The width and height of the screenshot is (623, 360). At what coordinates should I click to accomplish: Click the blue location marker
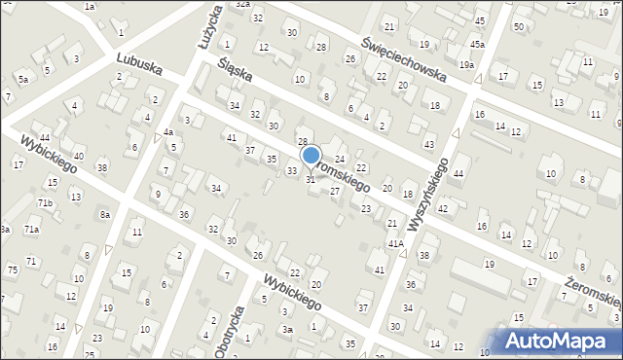(x=311, y=155)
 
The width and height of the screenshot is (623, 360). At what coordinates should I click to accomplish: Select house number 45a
(x=477, y=45)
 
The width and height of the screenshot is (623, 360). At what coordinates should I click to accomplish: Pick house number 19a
(x=467, y=64)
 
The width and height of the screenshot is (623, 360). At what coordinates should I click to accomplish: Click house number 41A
(x=394, y=244)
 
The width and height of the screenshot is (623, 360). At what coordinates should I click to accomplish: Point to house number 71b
(x=45, y=202)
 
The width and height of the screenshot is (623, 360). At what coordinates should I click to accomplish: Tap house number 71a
(x=32, y=229)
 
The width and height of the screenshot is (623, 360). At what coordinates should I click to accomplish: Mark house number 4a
(x=167, y=131)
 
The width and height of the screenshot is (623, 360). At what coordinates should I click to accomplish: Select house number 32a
(x=242, y=5)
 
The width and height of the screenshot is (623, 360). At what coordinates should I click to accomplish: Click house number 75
(x=12, y=270)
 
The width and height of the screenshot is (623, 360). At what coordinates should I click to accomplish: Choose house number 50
(x=518, y=26)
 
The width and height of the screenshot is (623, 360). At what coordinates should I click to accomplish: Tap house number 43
(x=429, y=145)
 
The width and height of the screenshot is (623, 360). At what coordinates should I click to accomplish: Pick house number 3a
(x=287, y=330)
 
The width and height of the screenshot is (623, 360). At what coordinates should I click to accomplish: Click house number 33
(x=291, y=171)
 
